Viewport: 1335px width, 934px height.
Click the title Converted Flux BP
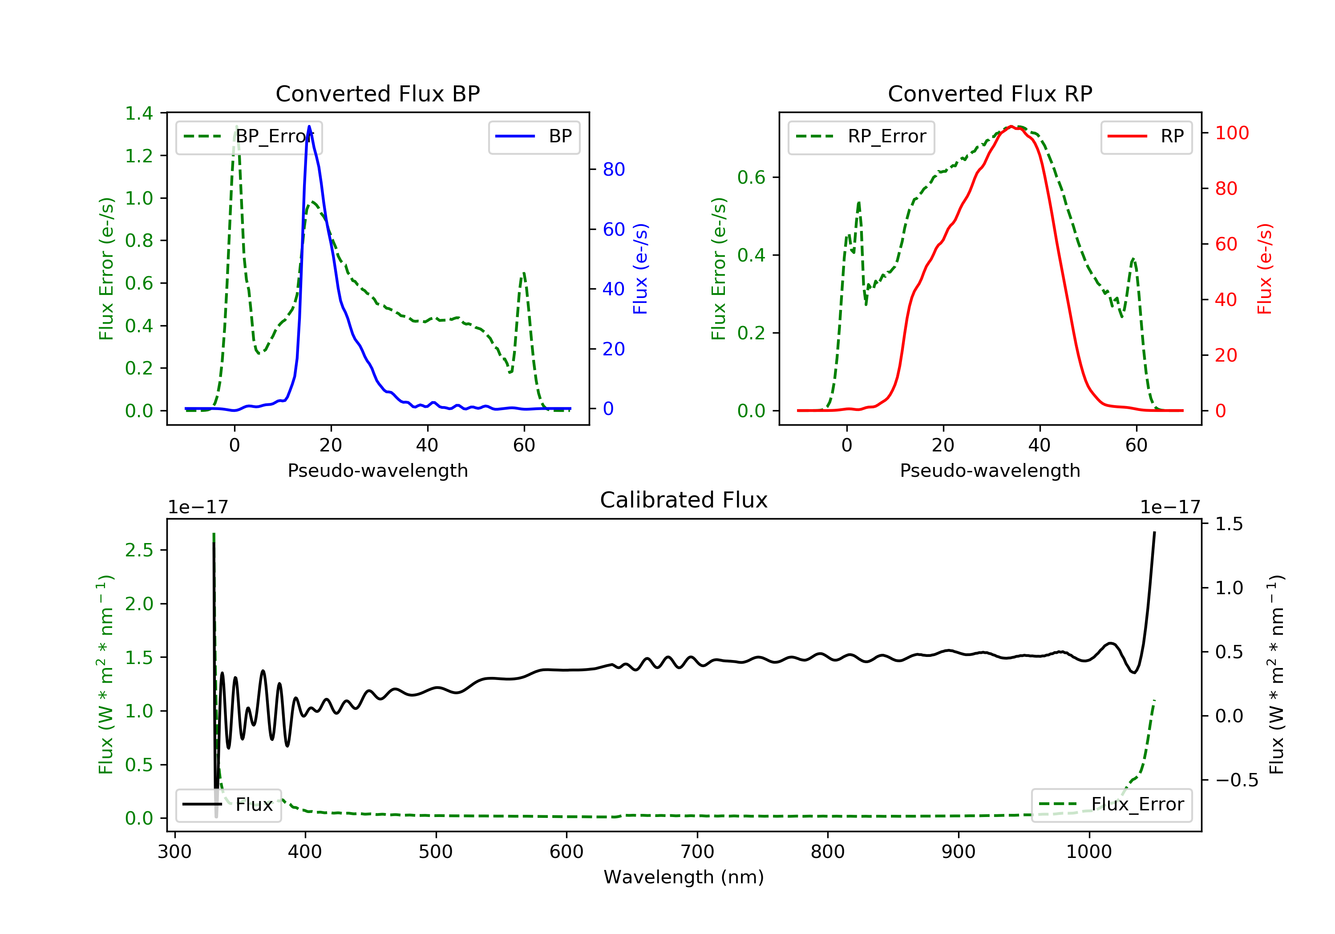click(377, 93)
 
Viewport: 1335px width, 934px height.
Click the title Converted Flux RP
click(990, 93)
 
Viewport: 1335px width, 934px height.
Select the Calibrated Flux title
click(684, 500)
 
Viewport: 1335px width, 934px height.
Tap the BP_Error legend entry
click(249, 137)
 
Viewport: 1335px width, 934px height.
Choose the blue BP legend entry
click(534, 137)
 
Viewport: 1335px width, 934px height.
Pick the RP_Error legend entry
click(861, 137)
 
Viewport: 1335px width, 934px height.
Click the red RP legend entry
click(1146, 137)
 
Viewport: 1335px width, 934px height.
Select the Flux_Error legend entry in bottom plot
click(1111, 805)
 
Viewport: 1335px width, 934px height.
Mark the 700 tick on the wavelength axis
click(697, 852)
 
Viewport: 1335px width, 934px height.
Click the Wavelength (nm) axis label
click(684, 877)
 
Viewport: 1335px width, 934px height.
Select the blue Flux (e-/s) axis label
click(640, 269)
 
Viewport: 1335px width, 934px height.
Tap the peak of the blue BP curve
click(309, 126)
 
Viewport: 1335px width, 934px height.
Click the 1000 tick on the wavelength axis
click(1089, 852)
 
